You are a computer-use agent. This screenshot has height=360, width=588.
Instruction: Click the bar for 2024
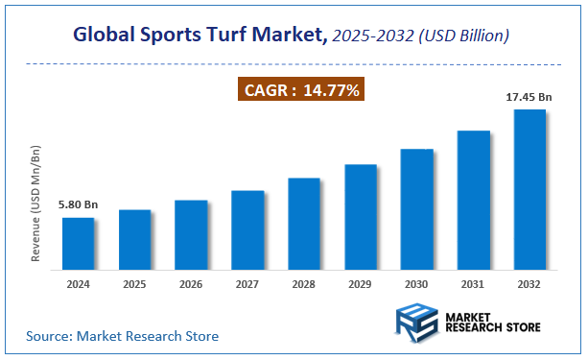point(79,244)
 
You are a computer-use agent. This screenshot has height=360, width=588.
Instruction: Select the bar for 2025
point(135,240)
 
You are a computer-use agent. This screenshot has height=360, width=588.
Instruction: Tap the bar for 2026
point(191,235)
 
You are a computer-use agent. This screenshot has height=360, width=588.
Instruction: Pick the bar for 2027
point(247,230)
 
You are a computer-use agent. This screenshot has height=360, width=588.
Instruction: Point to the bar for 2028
point(304,224)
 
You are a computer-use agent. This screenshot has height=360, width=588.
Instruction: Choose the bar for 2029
point(361,217)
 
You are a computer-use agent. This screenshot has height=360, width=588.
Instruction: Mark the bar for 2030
point(417,209)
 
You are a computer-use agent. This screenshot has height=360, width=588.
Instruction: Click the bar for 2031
point(474,200)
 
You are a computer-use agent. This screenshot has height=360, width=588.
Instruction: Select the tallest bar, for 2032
point(530,189)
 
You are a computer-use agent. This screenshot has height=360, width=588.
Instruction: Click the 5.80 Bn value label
point(77,205)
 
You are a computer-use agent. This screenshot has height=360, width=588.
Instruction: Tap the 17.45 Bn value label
point(529,97)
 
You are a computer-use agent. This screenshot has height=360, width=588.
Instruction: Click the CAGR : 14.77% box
point(300,91)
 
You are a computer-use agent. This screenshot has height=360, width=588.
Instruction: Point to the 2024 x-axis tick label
point(79,285)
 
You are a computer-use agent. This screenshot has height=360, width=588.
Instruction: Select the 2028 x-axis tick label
point(304,285)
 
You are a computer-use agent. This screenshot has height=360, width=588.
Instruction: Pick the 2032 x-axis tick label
point(530,285)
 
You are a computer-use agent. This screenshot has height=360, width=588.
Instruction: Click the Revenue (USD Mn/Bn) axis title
point(36,204)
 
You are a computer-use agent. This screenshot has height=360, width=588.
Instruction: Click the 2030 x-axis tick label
point(417,285)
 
